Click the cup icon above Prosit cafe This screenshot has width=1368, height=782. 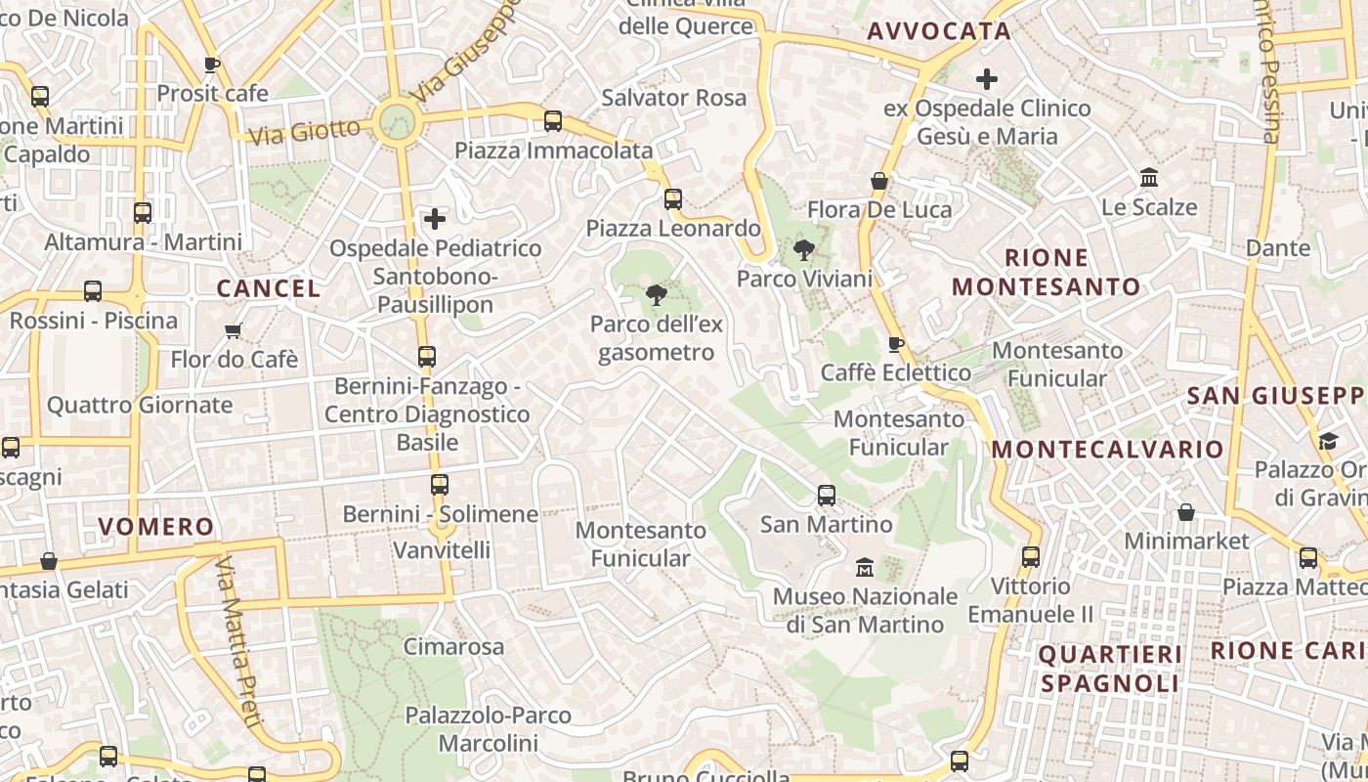(212, 65)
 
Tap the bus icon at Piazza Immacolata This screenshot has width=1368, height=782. (553, 121)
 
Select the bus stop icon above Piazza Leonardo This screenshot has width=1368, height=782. (673, 199)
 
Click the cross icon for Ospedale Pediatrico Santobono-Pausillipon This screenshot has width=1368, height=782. (435, 219)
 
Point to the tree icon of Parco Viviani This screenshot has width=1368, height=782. (804, 250)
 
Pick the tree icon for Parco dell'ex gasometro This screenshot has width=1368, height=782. (657, 295)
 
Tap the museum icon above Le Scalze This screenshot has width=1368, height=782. (1149, 178)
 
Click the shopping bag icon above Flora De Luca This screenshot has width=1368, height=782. (879, 181)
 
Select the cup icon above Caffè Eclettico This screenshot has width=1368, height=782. (895, 344)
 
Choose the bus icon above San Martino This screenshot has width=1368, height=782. (827, 496)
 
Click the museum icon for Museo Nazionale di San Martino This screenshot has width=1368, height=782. (865, 567)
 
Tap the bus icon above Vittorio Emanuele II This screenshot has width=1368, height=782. (1031, 557)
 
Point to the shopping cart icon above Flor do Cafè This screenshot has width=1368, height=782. (233, 330)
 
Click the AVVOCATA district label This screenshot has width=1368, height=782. (939, 31)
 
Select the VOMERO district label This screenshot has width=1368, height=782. (156, 527)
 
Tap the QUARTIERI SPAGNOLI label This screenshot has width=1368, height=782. (1110, 669)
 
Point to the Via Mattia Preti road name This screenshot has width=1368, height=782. (240, 643)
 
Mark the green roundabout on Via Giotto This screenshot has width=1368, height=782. (398, 123)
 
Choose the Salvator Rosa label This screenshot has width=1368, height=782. (674, 98)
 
